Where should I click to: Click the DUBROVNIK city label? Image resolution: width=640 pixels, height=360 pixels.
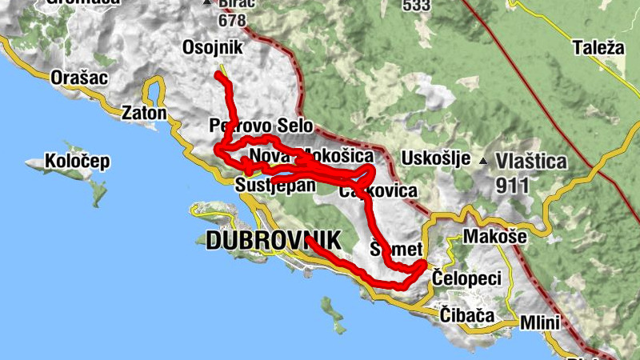[273, 239]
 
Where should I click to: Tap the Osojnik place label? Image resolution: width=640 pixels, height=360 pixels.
[212, 46]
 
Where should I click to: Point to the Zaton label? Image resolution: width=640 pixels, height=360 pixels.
[144, 113]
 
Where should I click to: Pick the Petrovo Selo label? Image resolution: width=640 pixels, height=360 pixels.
[261, 126]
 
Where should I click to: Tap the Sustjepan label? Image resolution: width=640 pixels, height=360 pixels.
[273, 186]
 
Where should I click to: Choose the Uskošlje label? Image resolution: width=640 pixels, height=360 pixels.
[436, 158]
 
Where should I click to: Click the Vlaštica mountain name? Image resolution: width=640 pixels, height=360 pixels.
[531, 162]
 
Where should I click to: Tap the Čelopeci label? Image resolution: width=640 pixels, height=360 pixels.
[466, 278]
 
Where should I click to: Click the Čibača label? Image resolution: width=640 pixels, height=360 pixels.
[467, 314]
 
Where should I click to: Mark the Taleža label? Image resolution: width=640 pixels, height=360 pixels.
[598, 48]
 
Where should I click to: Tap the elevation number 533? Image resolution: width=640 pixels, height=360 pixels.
[417, 6]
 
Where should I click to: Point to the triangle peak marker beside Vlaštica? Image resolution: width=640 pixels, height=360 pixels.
[483, 162]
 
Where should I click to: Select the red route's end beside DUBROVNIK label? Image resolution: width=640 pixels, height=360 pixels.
[307, 239]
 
